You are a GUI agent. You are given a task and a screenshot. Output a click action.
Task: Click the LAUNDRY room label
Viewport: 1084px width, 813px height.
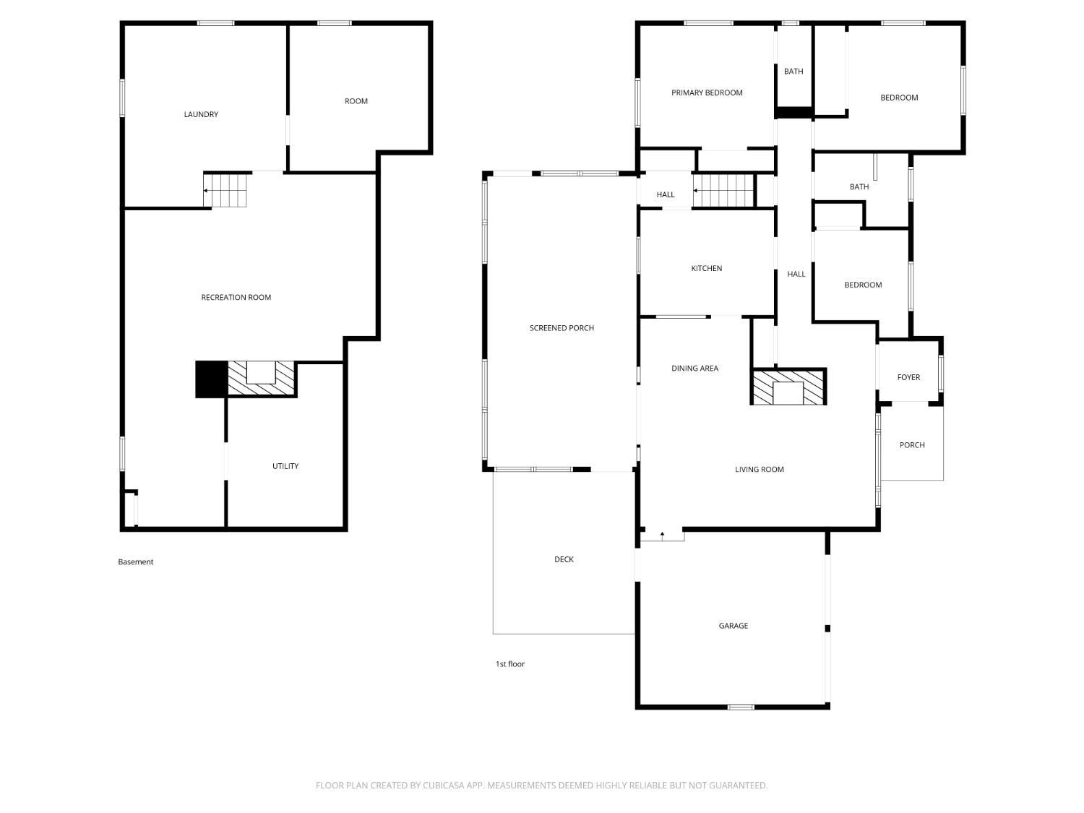[x=200, y=114]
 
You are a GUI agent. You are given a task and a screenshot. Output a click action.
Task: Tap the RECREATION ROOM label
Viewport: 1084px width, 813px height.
[x=236, y=297]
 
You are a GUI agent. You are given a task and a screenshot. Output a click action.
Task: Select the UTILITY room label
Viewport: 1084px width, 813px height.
[x=285, y=466]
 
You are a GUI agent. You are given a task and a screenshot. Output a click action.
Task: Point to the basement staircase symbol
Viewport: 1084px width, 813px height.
[x=225, y=190]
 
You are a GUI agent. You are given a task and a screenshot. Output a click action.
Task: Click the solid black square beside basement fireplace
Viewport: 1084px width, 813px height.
[x=211, y=379]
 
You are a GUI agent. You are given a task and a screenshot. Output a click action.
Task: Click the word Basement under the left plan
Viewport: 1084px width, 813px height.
[x=135, y=562]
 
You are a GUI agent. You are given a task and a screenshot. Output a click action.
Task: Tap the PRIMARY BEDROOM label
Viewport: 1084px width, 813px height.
[x=706, y=93]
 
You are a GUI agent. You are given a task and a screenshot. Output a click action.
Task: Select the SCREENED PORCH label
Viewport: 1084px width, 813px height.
[x=561, y=328]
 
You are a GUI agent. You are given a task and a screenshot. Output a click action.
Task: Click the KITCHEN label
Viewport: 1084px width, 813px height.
[x=706, y=268]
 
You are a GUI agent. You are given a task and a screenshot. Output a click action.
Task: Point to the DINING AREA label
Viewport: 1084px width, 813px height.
[x=694, y=369]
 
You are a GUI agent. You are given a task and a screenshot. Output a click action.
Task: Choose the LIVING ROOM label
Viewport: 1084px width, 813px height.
[x=759, y=470]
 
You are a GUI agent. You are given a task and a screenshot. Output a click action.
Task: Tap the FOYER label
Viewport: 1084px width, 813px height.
[x=908, y=377]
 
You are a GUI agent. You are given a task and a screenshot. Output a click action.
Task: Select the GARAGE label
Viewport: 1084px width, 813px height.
[x=733, y=625]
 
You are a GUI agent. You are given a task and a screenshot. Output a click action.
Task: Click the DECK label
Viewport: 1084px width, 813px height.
[x=564, y=559]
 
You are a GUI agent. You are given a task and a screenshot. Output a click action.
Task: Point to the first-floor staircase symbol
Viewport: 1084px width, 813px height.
[x=723, y=190]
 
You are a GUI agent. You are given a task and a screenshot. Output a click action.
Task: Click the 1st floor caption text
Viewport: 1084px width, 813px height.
[x=509, y=664]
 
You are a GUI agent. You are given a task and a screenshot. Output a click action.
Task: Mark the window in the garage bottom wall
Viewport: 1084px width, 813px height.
[x=740, y=707]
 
